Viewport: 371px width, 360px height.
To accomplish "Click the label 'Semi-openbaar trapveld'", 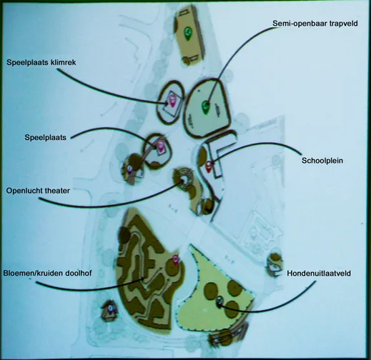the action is click(x=315, y=24).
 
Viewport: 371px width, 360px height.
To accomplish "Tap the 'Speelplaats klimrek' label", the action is click(x=41, y=62).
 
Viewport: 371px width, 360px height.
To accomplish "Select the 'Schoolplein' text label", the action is click(x=322, y=161).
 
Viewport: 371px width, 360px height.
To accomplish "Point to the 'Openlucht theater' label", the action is click(x=38, y=191).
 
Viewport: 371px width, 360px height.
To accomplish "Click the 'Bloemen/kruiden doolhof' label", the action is click(x=47, y=273).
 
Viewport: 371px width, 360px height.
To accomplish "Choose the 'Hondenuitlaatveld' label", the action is click(x=319, y=274).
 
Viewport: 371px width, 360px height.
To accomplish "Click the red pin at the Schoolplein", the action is click(x=209, y=166).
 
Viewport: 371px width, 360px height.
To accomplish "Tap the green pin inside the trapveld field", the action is click(x=205, y=107).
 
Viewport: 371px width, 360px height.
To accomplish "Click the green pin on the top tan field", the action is click(x=188, y=33).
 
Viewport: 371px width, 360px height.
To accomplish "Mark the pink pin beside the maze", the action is click(x=176, y=260).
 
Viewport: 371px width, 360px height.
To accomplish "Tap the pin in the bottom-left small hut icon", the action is click(x=110, y=309).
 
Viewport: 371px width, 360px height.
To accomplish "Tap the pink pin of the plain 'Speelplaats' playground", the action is click(x=161, y=146).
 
